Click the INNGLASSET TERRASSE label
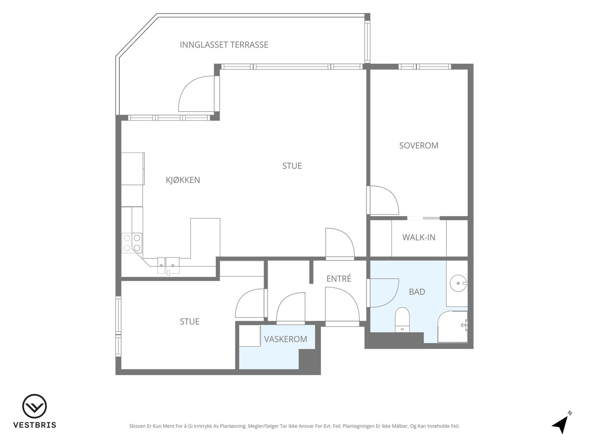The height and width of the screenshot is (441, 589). point(224,45)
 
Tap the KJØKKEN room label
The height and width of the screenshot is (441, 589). point(183,180)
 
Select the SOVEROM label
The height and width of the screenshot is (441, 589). point(419,146)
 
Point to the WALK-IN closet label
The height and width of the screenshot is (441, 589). point(419,237)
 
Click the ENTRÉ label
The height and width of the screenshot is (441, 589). point(339,279)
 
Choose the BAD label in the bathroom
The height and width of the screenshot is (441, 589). point(417,292)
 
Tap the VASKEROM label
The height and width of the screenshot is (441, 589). point(286,339)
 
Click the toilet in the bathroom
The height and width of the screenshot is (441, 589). point(402,319)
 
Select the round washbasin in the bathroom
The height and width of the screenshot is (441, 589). point(458,283)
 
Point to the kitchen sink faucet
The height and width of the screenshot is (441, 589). point(168,273)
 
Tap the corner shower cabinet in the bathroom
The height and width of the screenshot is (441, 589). point(452,327)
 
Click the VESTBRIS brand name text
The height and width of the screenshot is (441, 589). point(35,425)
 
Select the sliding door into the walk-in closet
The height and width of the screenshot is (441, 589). point(423,218)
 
